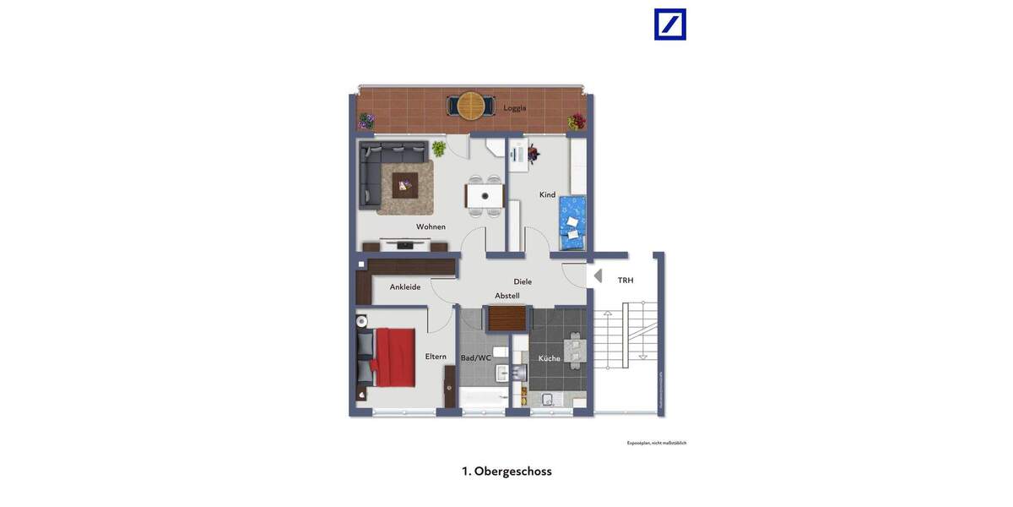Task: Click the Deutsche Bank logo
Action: click(670, 25)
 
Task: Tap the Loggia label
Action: click(515, 108)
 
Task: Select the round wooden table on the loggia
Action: click(471, 105)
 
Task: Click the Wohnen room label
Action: click(431, 226)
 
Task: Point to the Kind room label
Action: click(547, 195)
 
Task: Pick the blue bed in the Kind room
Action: click(573, 223)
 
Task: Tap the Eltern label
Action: click(436, 357)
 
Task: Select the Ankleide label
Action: click(405, 287)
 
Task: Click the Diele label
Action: click(523, 281)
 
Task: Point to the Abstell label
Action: click(507, 296)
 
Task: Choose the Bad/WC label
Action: click(475, 358)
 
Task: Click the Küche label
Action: click(549, 358)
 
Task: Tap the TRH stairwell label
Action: click(626, 281)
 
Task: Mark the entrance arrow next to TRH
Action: click(598, 275)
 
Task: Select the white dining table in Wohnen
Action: click(485, 196)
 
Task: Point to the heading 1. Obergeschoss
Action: click(506, 472)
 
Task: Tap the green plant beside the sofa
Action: click(439, 149)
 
